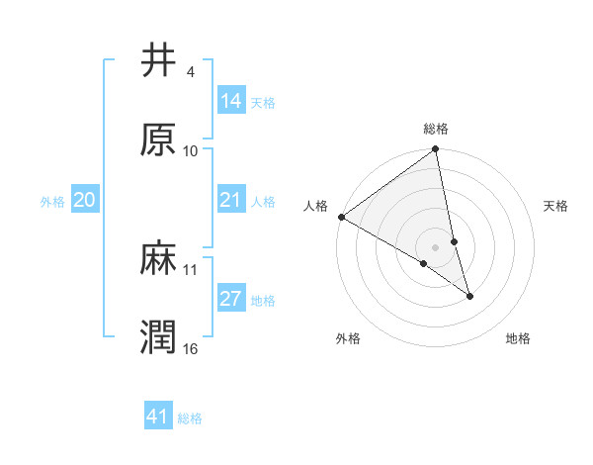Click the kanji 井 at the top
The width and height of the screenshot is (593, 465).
158,62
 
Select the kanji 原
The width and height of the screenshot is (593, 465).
158,139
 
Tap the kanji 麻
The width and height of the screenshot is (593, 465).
158,258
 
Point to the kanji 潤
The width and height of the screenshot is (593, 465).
158,336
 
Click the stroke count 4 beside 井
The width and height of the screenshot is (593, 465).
190,73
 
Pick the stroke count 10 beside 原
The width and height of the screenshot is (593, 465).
191,151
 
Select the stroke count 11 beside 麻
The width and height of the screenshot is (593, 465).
191,269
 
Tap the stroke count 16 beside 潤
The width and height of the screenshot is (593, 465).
191,348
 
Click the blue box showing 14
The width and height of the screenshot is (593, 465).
230,100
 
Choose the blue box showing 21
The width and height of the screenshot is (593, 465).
230,200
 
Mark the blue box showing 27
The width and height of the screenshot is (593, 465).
230,299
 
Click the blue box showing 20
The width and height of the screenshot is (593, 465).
84,200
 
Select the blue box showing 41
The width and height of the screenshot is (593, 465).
158,417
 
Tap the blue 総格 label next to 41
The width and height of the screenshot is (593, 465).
190,418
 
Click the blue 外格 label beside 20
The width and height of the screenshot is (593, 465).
52,202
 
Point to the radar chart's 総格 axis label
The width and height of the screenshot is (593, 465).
436,129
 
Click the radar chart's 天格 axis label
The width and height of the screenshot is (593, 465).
556,206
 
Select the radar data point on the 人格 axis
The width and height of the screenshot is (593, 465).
341,217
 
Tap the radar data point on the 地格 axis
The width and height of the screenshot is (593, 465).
469,296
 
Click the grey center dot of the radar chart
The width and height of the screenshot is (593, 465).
436,246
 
